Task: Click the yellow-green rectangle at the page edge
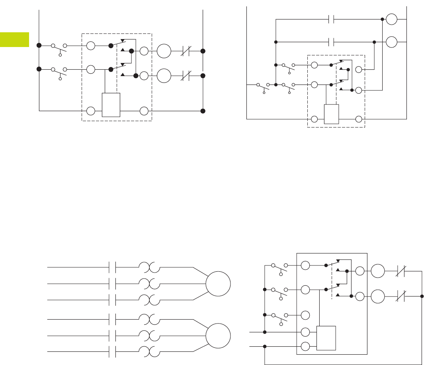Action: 14,39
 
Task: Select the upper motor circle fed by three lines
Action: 218,284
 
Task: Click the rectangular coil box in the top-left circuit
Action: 111,104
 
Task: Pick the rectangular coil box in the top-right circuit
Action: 332,114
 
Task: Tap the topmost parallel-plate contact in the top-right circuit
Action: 330,19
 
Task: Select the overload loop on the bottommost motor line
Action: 149,351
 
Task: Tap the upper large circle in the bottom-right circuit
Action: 378,272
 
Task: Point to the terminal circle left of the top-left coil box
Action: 91,111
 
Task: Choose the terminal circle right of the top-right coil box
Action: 359,119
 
